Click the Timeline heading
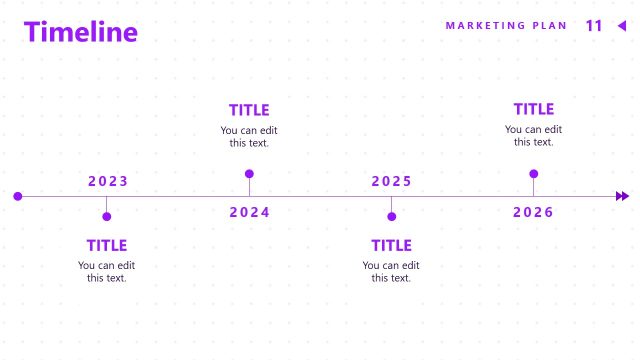click(x=81, y=32)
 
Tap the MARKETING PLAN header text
click(x=506, y=26)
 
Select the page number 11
click(x=594, y=26)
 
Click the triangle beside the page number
click(x=622, y=26)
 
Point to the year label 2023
click(x=108, y=181)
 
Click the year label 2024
click(x=250, y=212)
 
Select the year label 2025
click(x=392, y=181)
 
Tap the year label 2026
click(x=533, y=212)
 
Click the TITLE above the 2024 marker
click(x=249, y=110)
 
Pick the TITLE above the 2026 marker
click(x=534, y=109)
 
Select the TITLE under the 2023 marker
click(x=107, y=245)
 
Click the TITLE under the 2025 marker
click(x=391, y=245)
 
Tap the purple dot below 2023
click(x=107, y=216)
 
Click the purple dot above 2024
click(x=249, y=174)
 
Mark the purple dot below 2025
click(x=392, y=216)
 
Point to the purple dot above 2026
click(x=534, y=174)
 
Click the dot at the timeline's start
click(x=18, y=196)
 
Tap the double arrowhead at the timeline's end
click(x=623, y=196)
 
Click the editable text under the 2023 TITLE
click(x=107, y=271)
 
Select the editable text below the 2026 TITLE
click(x=534, y=135)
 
